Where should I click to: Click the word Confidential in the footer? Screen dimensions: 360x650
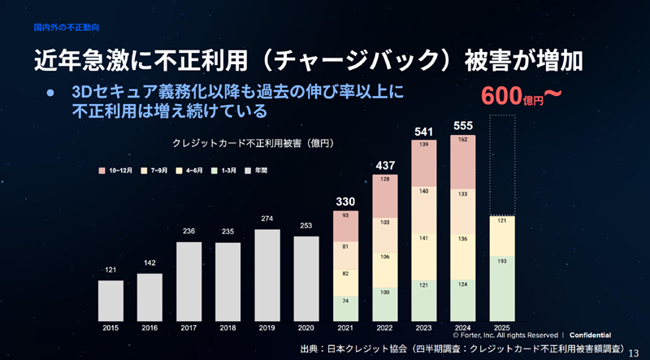[591, 335]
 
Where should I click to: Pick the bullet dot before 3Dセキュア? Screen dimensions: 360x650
[50, 92]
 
